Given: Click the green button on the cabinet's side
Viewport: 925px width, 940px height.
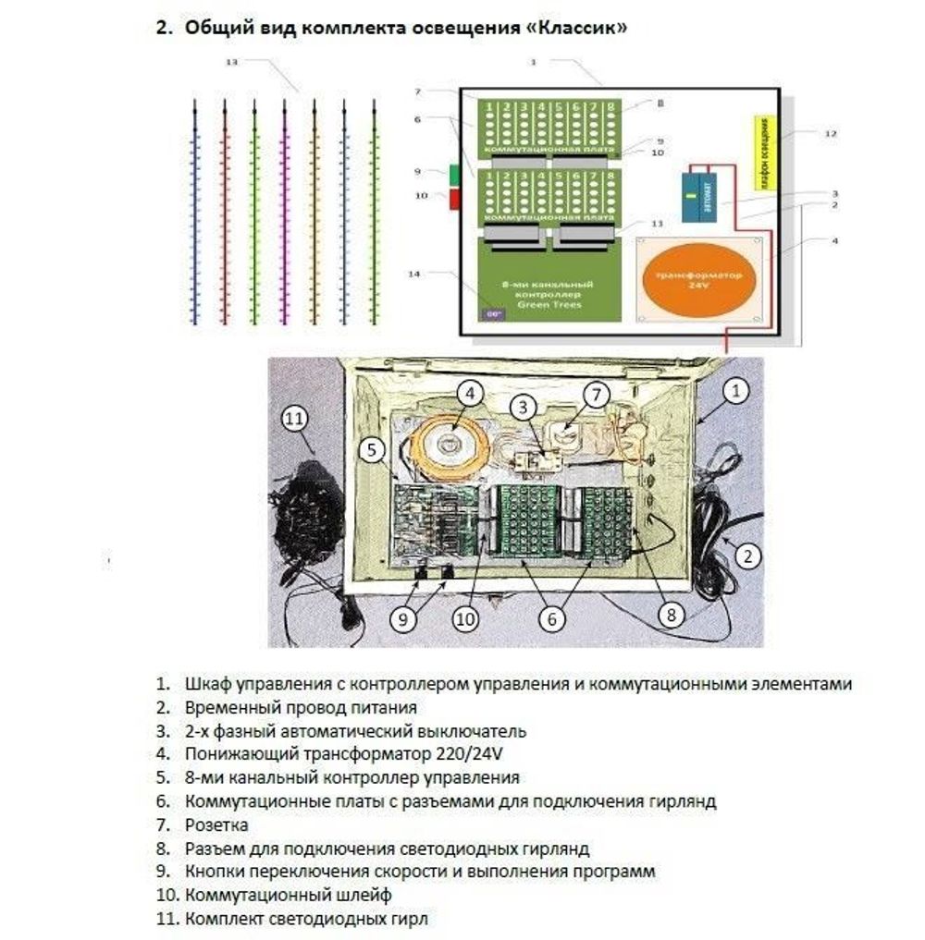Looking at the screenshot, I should [x=454, y=173].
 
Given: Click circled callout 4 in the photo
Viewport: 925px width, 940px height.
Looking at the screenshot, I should [x=471, y=394].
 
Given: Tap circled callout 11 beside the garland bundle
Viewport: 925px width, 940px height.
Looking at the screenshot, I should [x=294, y=419].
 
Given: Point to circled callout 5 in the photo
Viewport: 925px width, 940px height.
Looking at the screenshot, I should [x=373, y=450].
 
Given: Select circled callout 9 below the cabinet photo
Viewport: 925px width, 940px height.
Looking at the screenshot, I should [x=401, y=619].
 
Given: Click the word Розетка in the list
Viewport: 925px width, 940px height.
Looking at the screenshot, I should [x=216, y=824].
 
